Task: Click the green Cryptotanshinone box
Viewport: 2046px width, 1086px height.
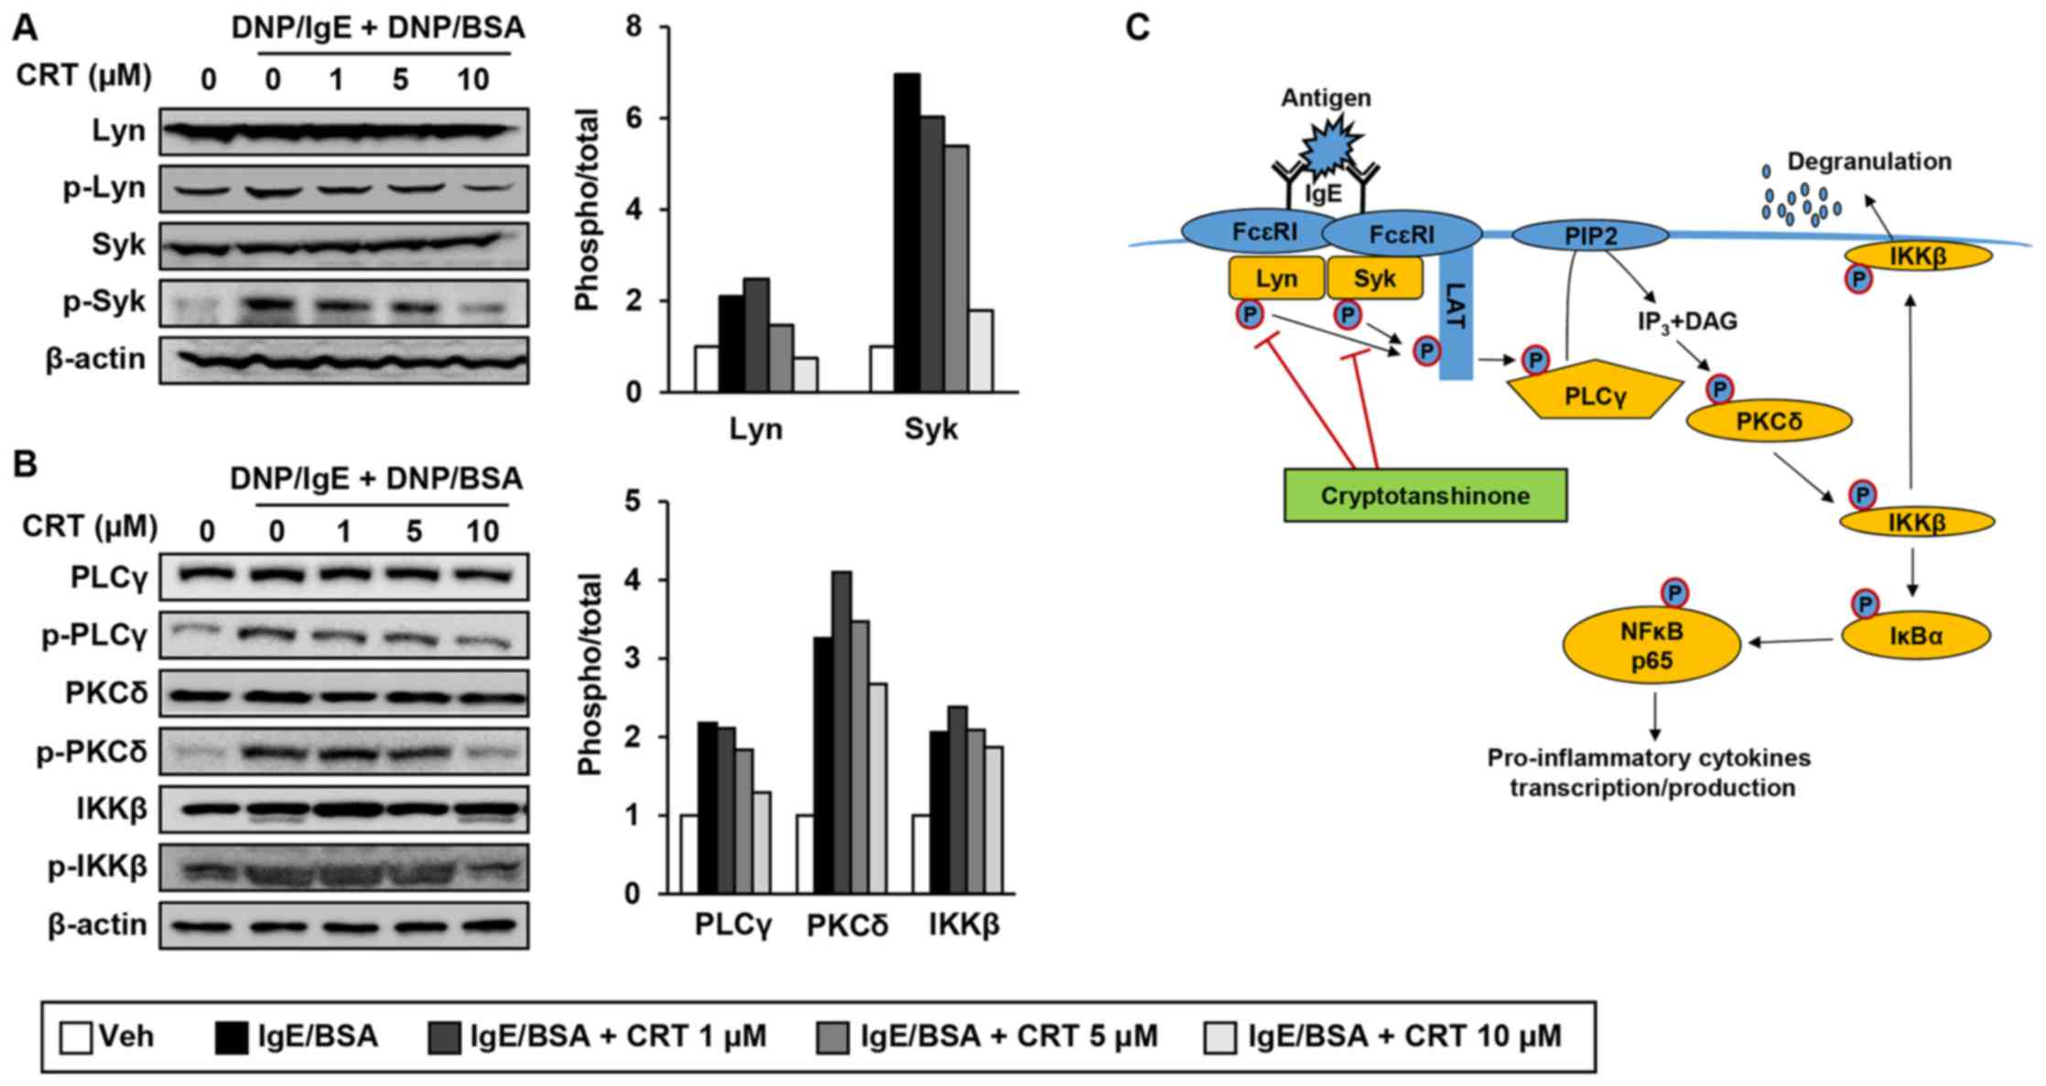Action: tap(1424, 495)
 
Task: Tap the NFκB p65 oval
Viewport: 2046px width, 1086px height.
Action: tap(1651, 646)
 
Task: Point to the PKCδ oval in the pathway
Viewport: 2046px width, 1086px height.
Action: tap(1769, 421)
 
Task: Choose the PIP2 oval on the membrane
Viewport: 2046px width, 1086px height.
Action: tap(1590, 236)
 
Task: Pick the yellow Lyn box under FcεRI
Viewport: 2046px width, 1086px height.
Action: tap(1276, 278)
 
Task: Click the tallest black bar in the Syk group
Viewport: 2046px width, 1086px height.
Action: tap(907, 233)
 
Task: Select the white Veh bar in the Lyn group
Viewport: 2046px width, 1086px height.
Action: tap(706, 368)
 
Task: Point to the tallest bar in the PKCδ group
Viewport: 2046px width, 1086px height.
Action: tap(841, 732)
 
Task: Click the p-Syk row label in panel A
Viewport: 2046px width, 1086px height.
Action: tap(104, 302)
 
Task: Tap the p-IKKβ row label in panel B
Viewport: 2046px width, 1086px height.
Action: tap(98, 866)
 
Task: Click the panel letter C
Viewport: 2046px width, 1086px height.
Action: tap(1137, 28)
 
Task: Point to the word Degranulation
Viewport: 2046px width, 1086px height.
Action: tap(1869, 162)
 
